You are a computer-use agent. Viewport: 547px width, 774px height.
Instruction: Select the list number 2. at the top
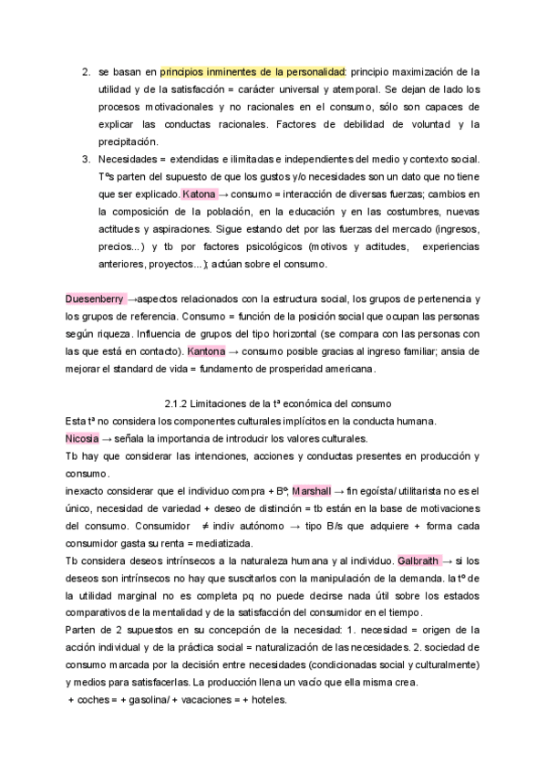pos(86,71)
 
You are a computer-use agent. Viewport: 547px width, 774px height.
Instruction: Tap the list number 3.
pos(86,159)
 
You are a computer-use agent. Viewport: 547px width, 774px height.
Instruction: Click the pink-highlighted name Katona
pos(199,194)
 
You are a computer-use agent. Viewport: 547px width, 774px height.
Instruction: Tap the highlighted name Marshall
pos(312,491)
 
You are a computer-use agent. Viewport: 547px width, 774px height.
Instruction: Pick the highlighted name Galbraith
pos(418,560)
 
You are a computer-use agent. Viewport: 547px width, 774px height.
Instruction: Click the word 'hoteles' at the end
pos(267,700)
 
